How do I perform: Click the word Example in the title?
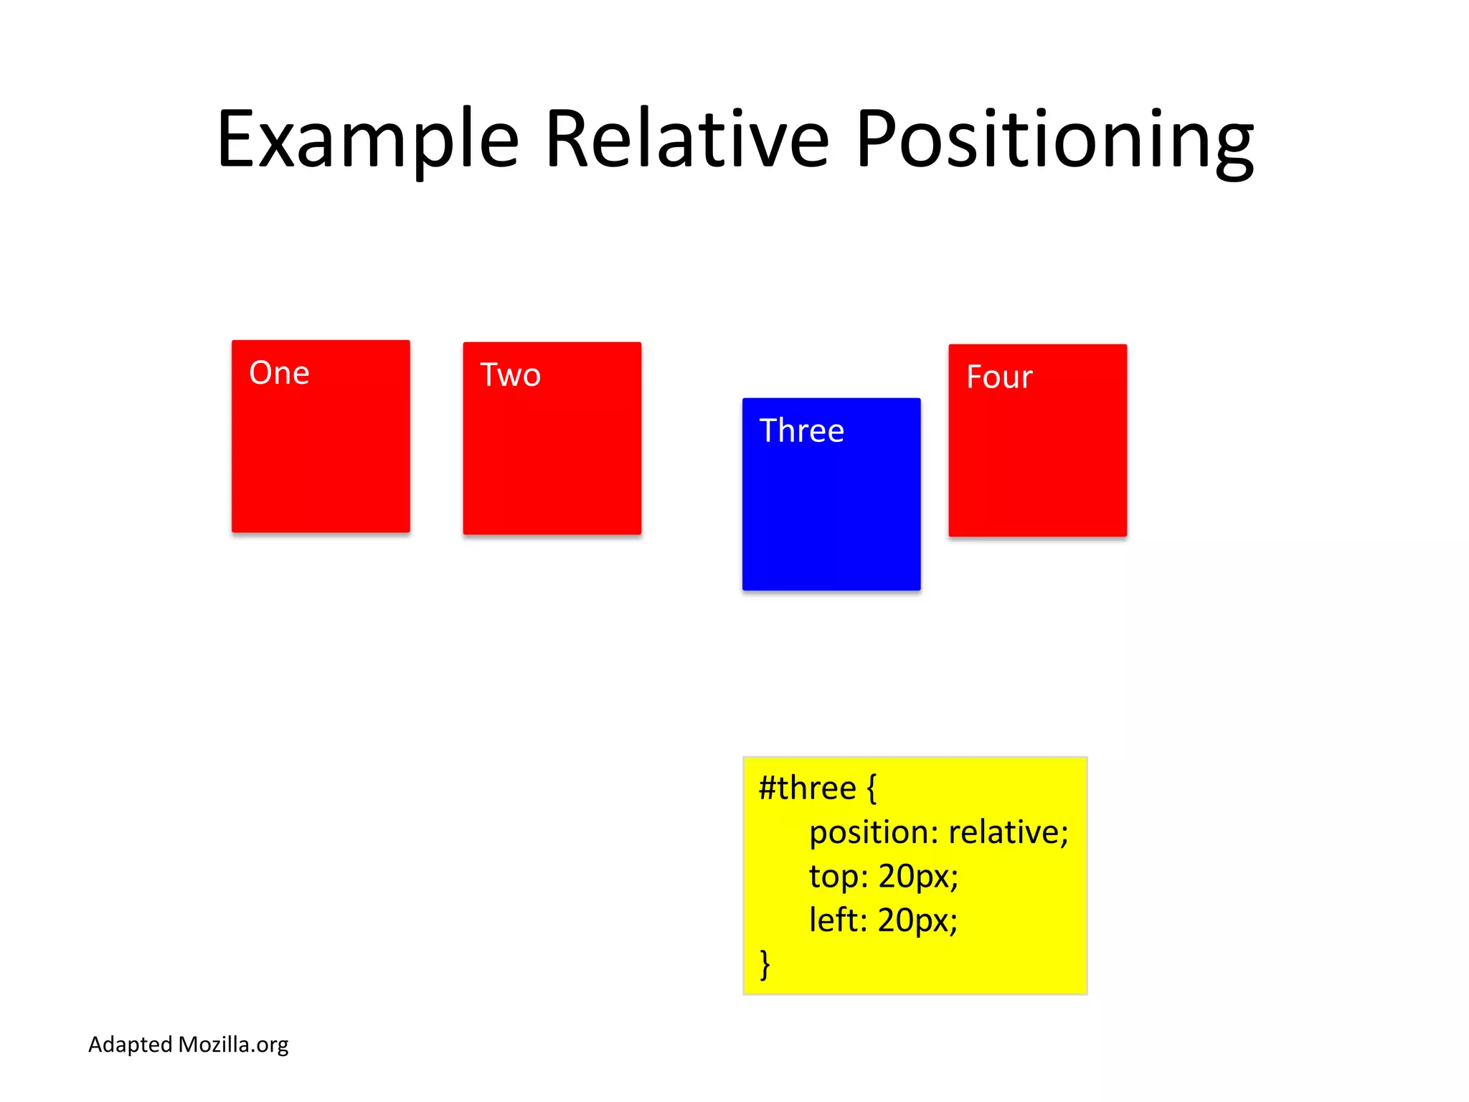click(x=367, y=140)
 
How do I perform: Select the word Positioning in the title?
click(x=1054, y=140)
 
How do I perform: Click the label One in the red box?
click(x=279, y=373)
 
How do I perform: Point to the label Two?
click(x=510, y=375)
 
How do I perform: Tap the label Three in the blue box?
click(x=801, y=431)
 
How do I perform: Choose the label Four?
click(x=998, y=377)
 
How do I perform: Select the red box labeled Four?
click(x=1037, y=459)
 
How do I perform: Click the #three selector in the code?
click(x=807, y=788)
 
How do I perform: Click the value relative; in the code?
click(x=1008, y=832)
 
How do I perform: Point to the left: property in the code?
click(x=838, y=920)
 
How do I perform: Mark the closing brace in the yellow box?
click(x=765, y=964)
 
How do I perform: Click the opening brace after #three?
click(x=872, y=788)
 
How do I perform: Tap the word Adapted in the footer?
click(x=130, y=1045)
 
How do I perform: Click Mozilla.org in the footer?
click(x=233, y=1045)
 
